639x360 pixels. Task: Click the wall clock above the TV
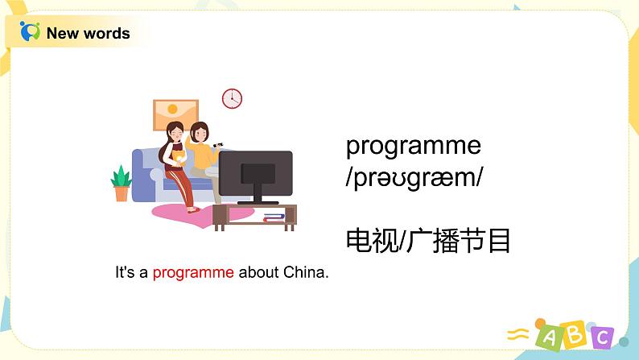click(x=232, y=98)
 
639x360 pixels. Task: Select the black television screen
click(x=256, y=172)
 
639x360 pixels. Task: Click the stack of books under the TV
click(x=274, y=216)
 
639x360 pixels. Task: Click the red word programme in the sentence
click(x=193, y=272)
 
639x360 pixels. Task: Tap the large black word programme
click(x=413, y=147)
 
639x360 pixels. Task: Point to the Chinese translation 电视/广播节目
click(x=428, y=240)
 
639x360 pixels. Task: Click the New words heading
click(x=88, y=33)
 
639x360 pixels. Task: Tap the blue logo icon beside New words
click(x=30, y=32)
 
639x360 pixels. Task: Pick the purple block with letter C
click(x=600, y=337)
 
